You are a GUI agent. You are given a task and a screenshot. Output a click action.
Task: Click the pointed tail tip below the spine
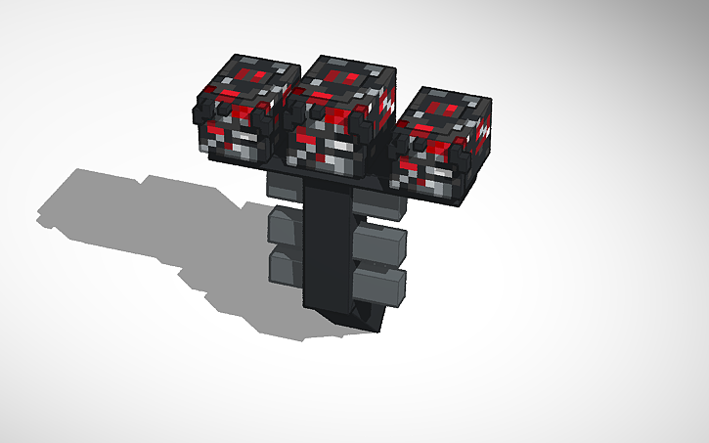click(353, 319)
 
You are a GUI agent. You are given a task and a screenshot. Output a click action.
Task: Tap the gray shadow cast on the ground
click(147, 225)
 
